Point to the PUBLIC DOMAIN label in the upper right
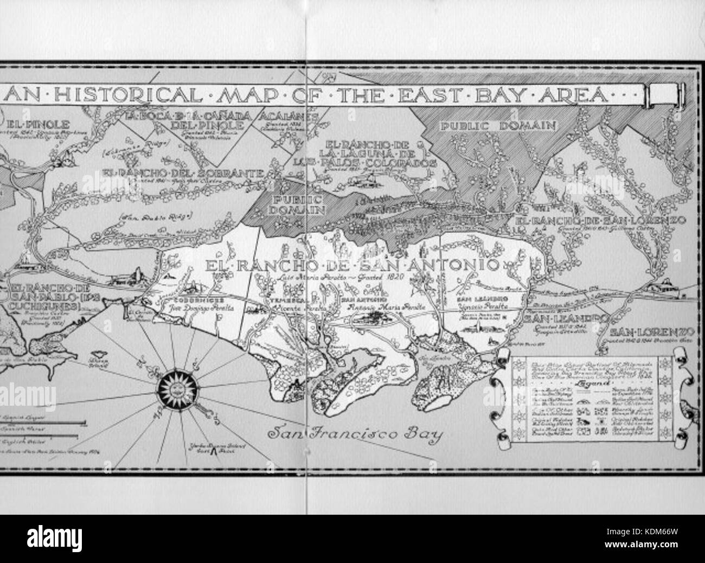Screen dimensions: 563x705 (x=498, y=126)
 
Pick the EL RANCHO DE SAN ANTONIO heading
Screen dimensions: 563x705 (x=351, y=266)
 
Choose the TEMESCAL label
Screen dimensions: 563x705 (x=285, y=299)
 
